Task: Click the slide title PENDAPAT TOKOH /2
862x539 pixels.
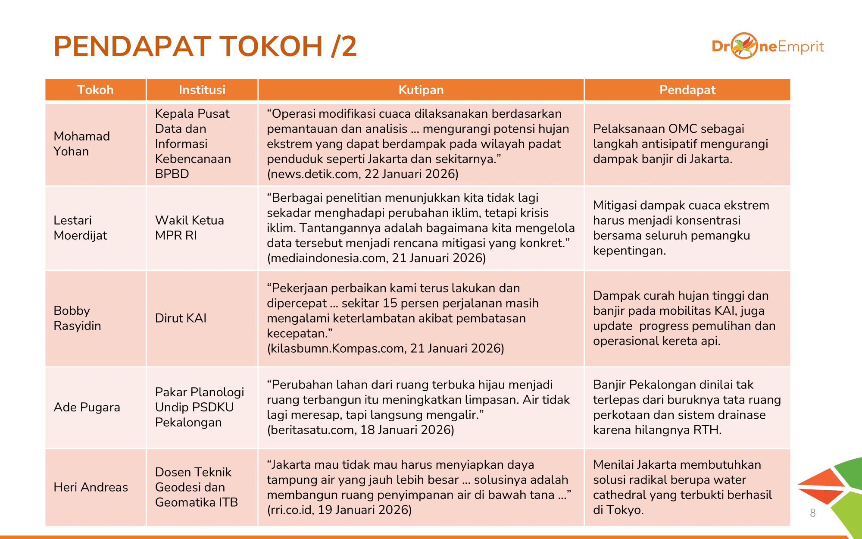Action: (205, 47)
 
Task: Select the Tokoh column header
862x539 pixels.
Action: (95, 90)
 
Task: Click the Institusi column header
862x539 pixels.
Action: (202, 90)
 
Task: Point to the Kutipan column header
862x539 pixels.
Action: (421, 90)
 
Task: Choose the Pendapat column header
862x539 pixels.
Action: (687, 90)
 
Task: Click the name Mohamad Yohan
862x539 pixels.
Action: (81, 144)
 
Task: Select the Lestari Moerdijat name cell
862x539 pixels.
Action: (80, 228)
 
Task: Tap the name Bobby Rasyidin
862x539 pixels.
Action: (77, 318)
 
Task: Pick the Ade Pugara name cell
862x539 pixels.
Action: (87, 407)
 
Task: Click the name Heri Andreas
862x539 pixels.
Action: (91, 487)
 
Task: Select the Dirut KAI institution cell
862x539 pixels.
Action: (181, 318)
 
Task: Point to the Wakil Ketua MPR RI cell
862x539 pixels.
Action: (189, 228)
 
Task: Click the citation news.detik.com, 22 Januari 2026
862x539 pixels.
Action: (362, 174)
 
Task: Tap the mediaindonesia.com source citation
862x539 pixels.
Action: (376, 258)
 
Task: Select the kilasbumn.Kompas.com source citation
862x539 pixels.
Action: (385, 348)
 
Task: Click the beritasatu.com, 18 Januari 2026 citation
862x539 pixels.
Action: (360, 430)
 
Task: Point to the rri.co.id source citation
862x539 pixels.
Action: (339, 510)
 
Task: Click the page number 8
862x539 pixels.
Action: (812, 513)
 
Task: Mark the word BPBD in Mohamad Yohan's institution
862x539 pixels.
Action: (172, 174)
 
